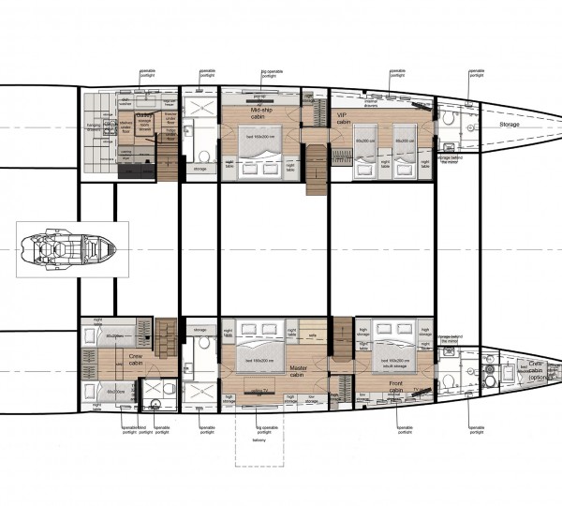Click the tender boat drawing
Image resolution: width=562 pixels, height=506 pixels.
[x=65, y=251]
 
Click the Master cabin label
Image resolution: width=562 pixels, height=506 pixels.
[x=299, y=371]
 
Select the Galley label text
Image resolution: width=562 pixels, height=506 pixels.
[x=145, y=115]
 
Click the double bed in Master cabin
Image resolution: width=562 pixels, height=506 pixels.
[x=261, y=349]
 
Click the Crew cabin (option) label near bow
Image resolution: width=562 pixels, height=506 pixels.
[x=536, y=368]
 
